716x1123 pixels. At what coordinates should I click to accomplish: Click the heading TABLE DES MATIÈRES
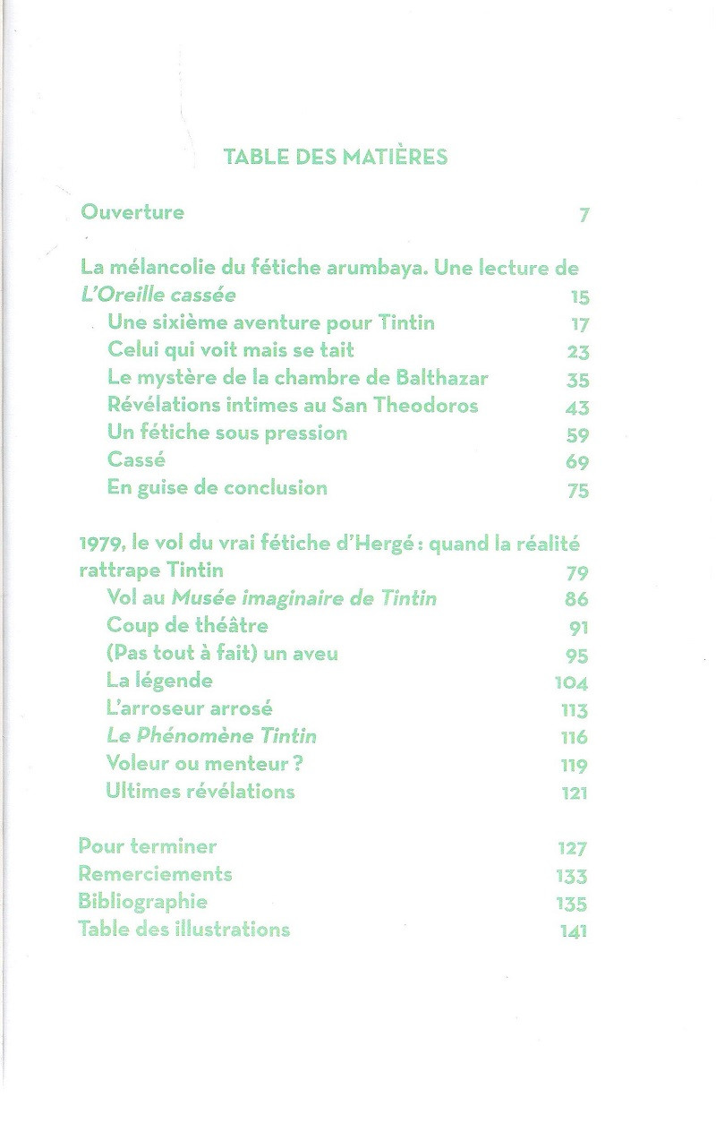point(335,158)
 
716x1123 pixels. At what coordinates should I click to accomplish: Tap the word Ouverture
point(132,212)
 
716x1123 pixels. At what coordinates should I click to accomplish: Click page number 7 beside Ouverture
point(584,216)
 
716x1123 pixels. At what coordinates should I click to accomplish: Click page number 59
point(578,435)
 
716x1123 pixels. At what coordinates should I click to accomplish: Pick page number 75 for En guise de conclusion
point(578,491)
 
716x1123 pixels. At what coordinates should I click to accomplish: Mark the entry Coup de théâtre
point(187,625)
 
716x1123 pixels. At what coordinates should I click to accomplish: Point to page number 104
point(572,683)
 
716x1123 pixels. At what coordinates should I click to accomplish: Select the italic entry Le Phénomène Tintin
point(211,736)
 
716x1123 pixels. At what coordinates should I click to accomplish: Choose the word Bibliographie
point(142,901)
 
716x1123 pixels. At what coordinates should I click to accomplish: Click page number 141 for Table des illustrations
point(573,931)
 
